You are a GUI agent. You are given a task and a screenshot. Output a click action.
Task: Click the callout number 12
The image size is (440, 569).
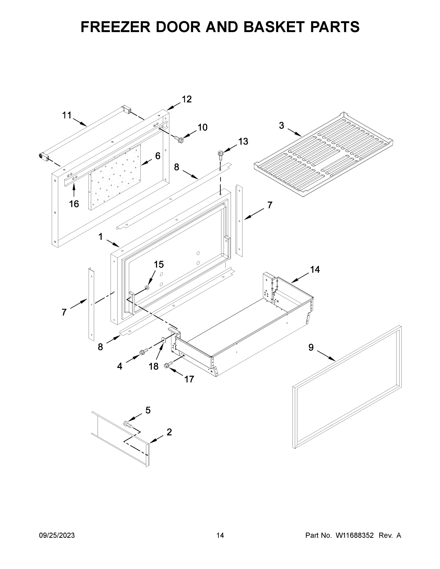click(187, 99)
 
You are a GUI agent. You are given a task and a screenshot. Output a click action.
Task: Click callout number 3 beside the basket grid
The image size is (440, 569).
click(282, 126)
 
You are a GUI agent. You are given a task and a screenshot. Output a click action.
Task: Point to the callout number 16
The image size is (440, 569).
click(74, 204)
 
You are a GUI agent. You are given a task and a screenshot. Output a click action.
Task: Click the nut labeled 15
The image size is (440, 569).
click(147, 287)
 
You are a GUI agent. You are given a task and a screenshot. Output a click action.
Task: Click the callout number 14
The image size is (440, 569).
click(315, 269)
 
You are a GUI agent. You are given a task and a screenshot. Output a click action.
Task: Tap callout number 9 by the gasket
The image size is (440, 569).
click(311, 347)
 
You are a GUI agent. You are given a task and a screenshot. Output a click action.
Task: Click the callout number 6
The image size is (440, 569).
click(158, 156)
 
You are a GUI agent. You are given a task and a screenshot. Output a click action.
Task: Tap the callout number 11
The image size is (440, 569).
click(67, 115)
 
